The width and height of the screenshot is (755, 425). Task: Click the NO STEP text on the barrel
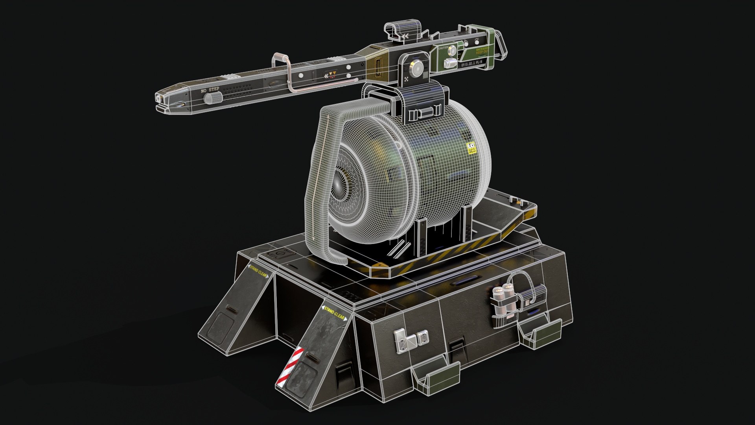[x=210, y=90]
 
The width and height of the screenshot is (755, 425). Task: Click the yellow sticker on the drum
[x=471, y=148]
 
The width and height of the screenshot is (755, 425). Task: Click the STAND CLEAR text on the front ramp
[x=334, y=312]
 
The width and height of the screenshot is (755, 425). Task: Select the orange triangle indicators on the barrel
[x=333, y=73]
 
